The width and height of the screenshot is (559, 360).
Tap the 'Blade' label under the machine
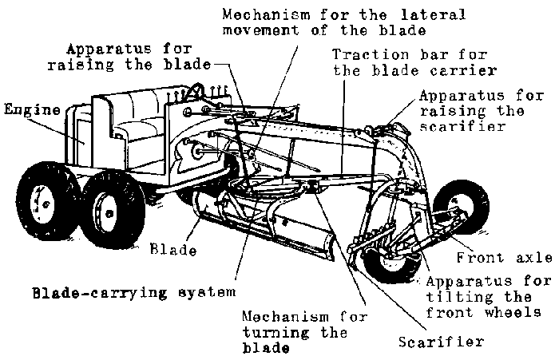pos(173,250)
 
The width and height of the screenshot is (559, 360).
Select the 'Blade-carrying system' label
pos(122,292)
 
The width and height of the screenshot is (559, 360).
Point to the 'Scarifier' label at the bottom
pos(440,342)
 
